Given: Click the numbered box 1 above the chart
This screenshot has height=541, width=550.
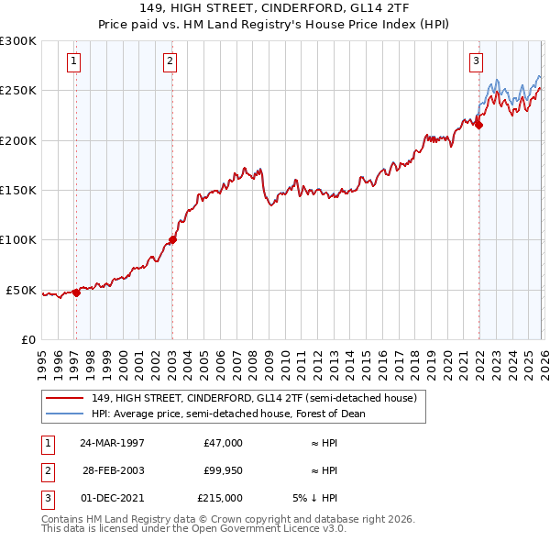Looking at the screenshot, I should pos(73,61).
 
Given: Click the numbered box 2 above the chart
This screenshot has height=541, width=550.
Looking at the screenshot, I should pos(170,61).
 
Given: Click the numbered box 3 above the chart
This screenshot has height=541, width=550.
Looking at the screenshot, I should pos(476,61).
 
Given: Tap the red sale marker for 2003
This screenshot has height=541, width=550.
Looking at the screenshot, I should pos(172,239).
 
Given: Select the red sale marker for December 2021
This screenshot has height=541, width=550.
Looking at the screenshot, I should pos(478,125).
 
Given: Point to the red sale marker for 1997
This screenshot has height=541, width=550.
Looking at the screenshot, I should pos(76,293).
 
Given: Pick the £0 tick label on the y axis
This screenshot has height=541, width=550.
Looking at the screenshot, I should pos(27,339).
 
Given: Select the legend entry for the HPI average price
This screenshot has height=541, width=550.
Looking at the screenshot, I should pos(228,414).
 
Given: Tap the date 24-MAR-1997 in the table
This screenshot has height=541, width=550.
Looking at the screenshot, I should pos(112,443).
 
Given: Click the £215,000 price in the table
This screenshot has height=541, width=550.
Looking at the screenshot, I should pos(220,498).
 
